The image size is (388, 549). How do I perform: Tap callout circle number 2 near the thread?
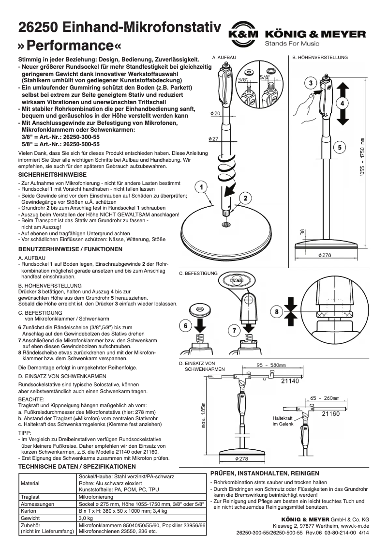(246, 198)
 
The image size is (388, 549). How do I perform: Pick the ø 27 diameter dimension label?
(215, 139)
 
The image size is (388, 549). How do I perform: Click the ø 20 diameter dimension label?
(216, 113)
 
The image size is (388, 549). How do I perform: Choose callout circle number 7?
(233, 330)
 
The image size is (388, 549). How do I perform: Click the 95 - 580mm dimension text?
(271, 366)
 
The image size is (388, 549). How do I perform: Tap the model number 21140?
(290, 381)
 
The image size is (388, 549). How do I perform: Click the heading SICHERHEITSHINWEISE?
(52, 174)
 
